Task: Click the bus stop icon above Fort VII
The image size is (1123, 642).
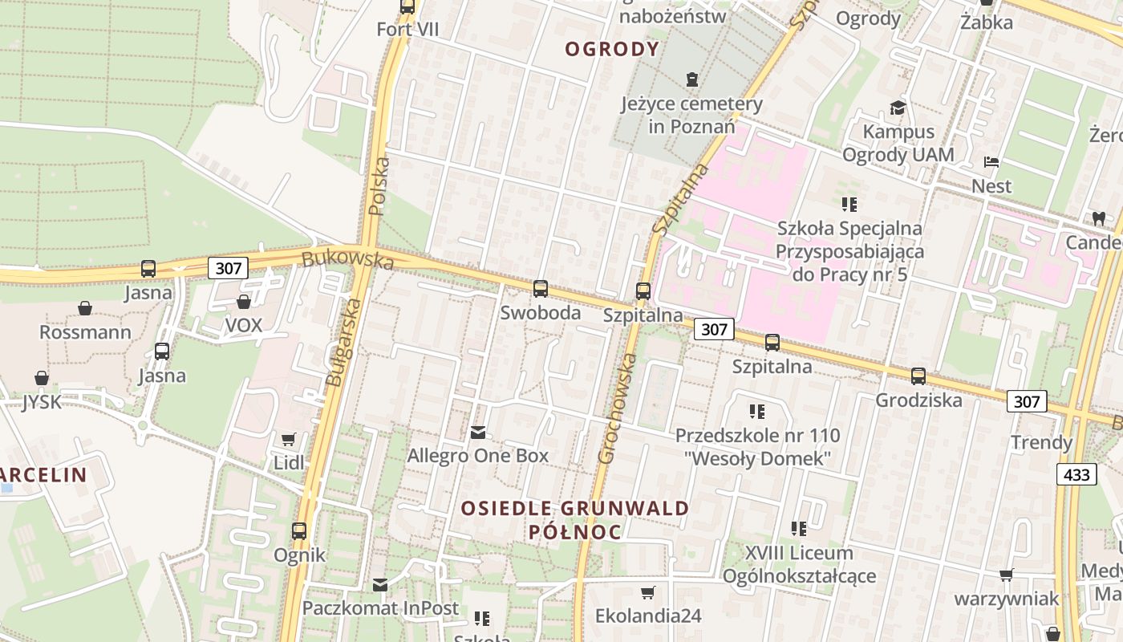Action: pos(407,7)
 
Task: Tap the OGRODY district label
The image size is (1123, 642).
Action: pos(612,49)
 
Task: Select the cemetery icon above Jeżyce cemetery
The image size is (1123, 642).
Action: pos(692,79)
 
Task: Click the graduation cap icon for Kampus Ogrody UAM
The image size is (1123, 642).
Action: pos(897,108)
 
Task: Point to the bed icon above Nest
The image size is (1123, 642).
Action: pos(991,162)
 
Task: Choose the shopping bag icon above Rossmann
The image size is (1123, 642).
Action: pos(85,308)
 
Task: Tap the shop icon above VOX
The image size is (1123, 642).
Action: pos(244,302)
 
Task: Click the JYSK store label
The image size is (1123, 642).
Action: pos(42,401)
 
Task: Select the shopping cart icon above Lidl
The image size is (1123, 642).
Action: pos(289,439)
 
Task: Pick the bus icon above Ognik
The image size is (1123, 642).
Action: pos(299,530)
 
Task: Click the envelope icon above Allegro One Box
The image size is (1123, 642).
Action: pos(478,433)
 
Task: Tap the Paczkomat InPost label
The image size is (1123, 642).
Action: pos(380,607)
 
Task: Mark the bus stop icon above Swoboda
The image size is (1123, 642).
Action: pos(541,289)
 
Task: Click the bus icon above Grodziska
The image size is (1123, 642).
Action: pos(918,376)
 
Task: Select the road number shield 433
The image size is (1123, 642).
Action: pos(1076,474)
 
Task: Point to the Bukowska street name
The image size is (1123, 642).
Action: pos(348,260)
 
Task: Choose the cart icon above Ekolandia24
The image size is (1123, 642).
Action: pos(648,592)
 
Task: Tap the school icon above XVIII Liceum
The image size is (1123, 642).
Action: pos(799,529)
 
